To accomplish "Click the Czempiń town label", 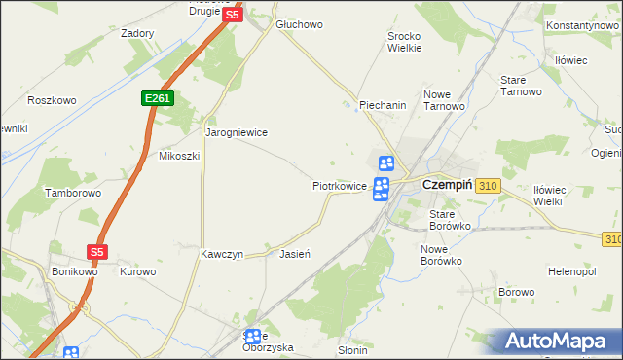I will pos(448,185).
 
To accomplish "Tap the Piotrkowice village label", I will pos(339,185).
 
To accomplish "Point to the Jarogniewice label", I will pos(236,131).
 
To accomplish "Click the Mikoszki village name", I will pos(179,156).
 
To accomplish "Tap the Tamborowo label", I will pos(73,193).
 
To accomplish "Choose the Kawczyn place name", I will pos(221,254).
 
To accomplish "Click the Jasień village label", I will pos(294,254).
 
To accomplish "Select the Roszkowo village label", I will pos(52,100).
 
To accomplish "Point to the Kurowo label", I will pos(138,271).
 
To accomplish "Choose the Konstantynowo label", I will pos(583,24).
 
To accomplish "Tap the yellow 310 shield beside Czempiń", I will pos(489,185).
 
